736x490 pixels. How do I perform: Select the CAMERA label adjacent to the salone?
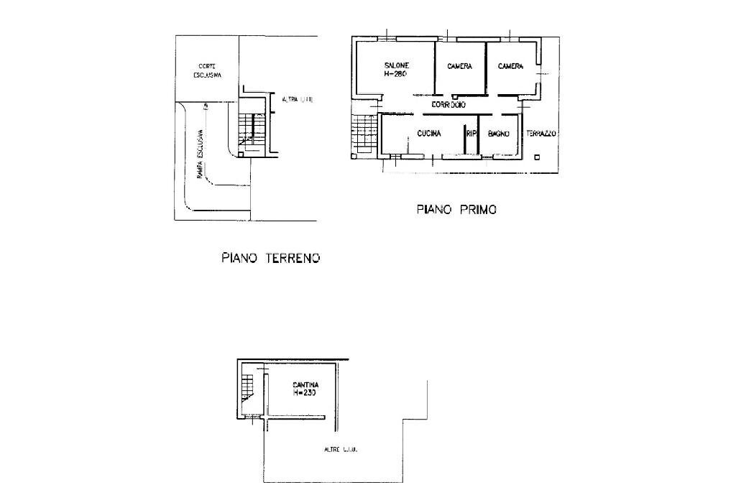(x=459, y=67)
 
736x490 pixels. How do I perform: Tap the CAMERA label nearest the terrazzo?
(x=510, y=67)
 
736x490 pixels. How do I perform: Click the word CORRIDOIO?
(x=448, y=105)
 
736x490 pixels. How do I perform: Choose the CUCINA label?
(x=428, y=134)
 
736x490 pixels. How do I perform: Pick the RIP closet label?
(x=471, y=134)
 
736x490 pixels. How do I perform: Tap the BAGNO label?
(x=499, y=134)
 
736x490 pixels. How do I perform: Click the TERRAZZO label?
(x=541, y=134)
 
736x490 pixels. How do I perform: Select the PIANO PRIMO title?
(x=456, y=210)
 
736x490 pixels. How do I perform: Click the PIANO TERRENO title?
(x=270, y=257)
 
